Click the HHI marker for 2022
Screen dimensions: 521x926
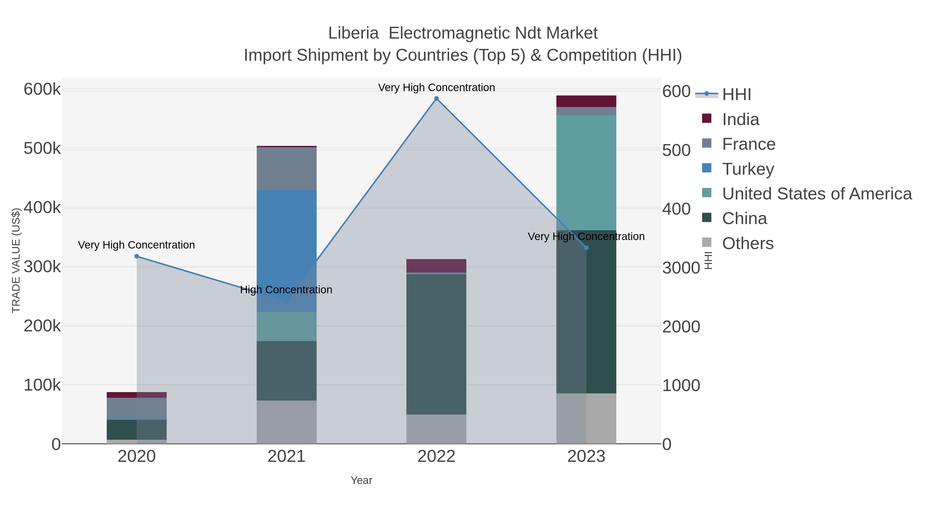coord(437,99)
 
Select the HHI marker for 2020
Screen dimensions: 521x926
coord(137,256)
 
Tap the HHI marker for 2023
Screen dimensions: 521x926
coord(586,248)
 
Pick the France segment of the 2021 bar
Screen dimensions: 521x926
coord(287,168)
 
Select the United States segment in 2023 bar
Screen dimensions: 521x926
coord(586,173)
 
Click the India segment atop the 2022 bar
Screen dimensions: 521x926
coord(437,266)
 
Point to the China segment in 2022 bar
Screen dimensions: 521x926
coord(437,344)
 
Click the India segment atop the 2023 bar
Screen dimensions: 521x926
coord(586,101)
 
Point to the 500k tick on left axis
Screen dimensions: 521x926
coord(42,148)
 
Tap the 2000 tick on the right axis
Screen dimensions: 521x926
coord(681,326)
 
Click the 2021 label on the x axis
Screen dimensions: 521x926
coord(287,456)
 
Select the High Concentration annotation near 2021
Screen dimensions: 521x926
coord(286,290)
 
